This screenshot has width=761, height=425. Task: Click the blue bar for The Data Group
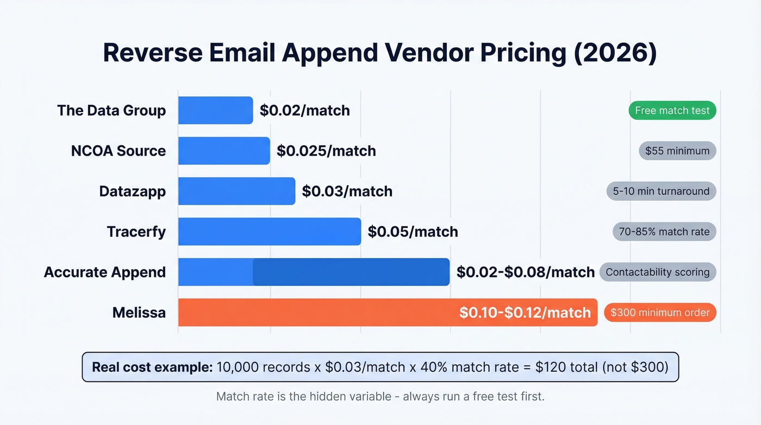pyautogui.click(x=215, y=110)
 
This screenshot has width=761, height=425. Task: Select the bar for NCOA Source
pyautogui.click(x=224, y=151)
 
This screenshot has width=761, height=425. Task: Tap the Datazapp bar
pyautogui.click(x=236, y=191)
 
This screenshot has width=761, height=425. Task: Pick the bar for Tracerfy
pyautogui.click(x=269, y=232)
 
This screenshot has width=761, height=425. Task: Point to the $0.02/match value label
pyautogui.click(x=304, y=110)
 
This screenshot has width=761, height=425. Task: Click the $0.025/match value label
pyautogui.click(x=326, y=151)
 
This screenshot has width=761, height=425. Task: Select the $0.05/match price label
pyautogui.click(x=413, y=232)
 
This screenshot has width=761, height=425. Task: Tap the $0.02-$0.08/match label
pyautogui.click(x=525, y=272)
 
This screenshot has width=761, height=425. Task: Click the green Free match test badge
pyautogui.click(x=672, y=110)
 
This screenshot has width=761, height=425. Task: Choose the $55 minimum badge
pyautogui.click(x=677, y=151)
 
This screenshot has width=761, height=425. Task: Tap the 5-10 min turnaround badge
pyautogui.click(x=661, y=191)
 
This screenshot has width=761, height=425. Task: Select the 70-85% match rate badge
pyautogui.click(x=664, y=232)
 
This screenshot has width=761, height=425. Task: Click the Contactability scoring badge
pyautogui.click(x=658, y=272)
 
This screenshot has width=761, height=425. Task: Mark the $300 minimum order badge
pyautogui.click(x=660, y=312)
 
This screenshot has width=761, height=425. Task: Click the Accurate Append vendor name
pyautogui.click(x=105, y=272)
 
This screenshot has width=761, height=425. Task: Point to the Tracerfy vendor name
pyautogui.click(x=136, y=232)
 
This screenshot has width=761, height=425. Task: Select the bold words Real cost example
pyautogui.click(x=152, y=367)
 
